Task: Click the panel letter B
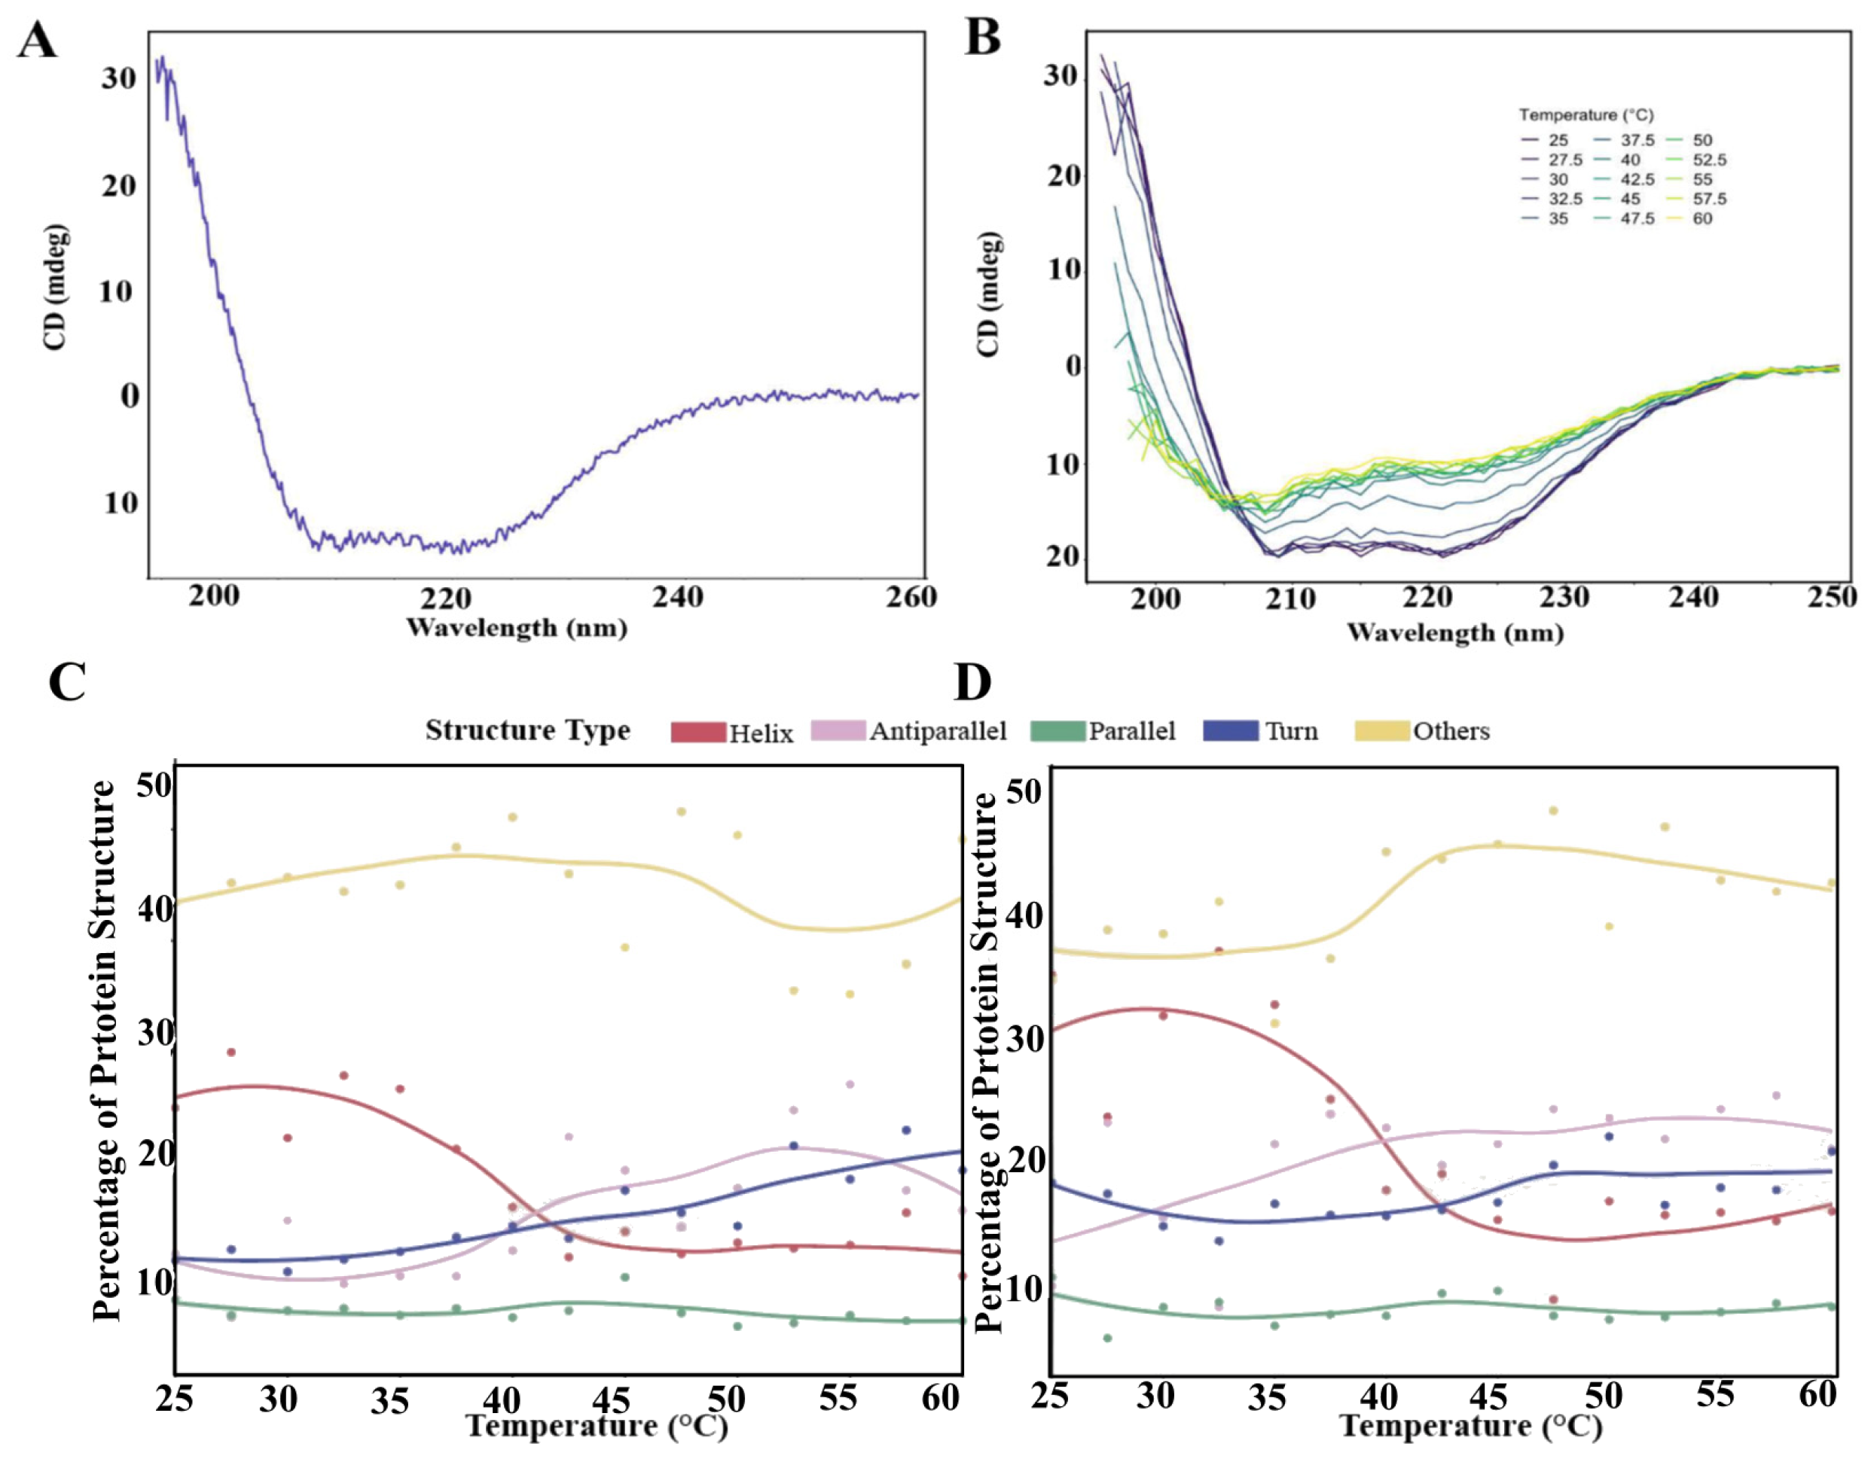982,38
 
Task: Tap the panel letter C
67,683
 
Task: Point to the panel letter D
972,683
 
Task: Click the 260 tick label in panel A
911,596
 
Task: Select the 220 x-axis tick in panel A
445,598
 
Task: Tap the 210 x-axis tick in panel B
1290,599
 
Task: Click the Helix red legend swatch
697,732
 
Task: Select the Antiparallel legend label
938,731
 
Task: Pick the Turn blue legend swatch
1231,731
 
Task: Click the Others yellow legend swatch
1381,731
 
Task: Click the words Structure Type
528,730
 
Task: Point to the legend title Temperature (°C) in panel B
1586,115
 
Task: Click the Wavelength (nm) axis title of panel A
517,628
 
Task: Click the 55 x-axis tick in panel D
1714,1394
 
